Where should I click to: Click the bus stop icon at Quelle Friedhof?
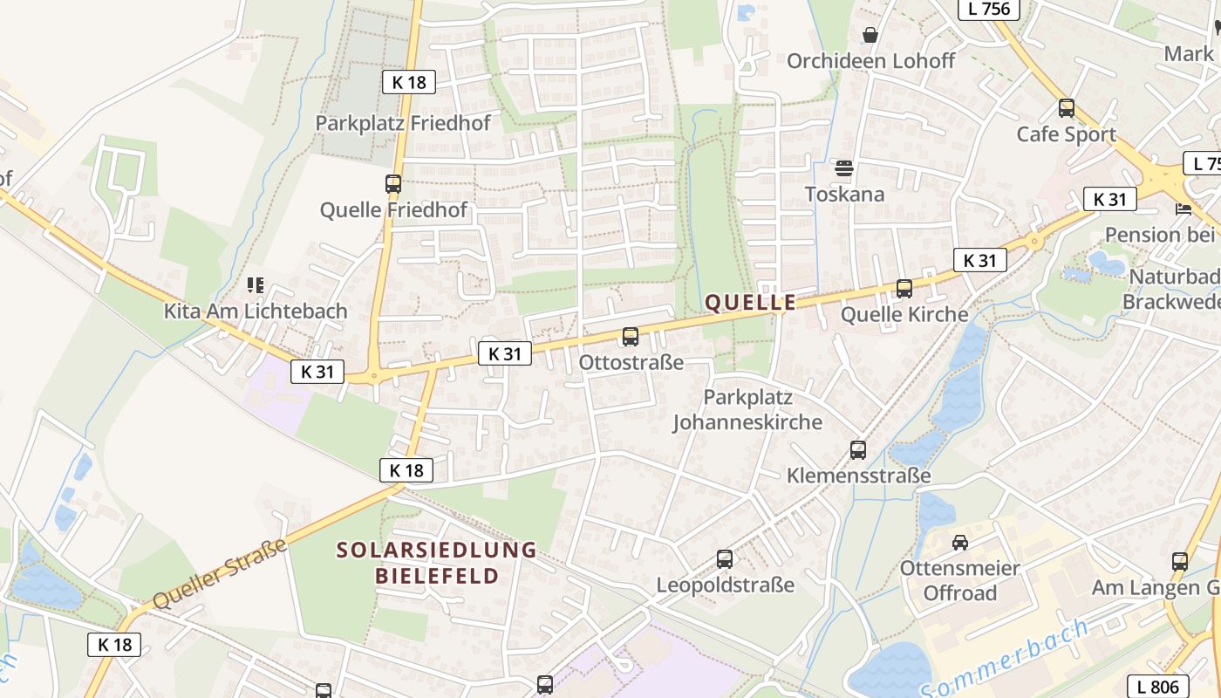click(393, 184)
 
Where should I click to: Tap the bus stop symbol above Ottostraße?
click(630, 336)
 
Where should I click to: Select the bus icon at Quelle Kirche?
click(904, 289)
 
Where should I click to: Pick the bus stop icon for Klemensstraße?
click(858, 450)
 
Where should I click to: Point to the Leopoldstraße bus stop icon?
click(725, 559)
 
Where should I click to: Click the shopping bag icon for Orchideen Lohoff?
click(870, 35)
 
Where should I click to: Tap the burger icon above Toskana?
click(843, 168)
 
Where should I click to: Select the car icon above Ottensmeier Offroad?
click(960, 543)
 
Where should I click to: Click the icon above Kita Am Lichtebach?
click(255, 285)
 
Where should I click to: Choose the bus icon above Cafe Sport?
click(1066, 108)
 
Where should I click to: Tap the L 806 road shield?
click(1158, 687)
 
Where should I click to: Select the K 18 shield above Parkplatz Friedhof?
click(409, 83)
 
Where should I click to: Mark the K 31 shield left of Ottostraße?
click(504, 353)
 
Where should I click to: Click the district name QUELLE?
click(750, 303)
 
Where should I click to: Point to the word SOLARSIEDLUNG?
click(437, 550)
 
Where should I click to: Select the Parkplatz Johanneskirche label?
click(747, 410)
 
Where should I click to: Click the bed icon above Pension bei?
click(1183, 209)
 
